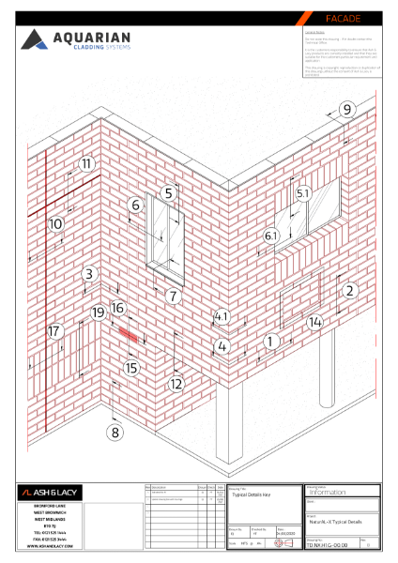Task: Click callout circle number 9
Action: pyautogui.click(x=346, y=110)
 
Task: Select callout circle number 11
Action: pyautogui.click(x=86, y=163)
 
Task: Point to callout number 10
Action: pyautogui.click(x=55, y=224)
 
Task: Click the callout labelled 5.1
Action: pyautogui.click(x=302, y=192)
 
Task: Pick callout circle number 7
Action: pyautogui.click(x=173, y=296)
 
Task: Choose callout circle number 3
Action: pyautogui.click(x=89, y=274)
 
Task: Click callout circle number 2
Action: pyautogui.click(x=349, y=291)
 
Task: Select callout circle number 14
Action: pyautogui.click(x=315, y=322)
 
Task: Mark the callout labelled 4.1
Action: pyautogui.click(x=222, y=316)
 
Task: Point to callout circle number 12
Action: pyautogui.click(x=176, y=383)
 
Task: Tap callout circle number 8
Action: pyautogui.click(x=115, y=433)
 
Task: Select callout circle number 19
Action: pyautogui.click(x=98, y=312)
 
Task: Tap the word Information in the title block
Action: pyautogui.click(x=328, y=492)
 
